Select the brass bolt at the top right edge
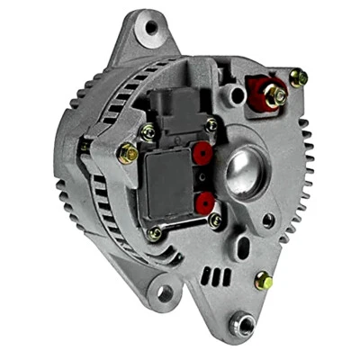point(299,78)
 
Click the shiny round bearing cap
point(243,170)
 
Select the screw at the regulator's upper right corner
point(211,125)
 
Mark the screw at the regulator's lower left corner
point(156,234)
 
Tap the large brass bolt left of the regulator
point(128,154)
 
